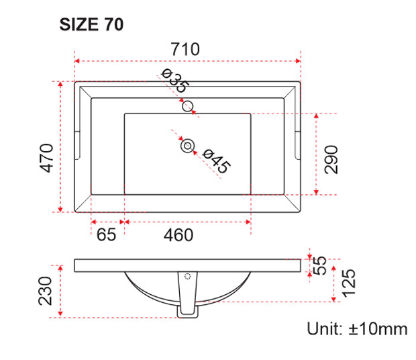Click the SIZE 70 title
(91, 24)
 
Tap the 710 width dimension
(185, 49)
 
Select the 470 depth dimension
(46, 158)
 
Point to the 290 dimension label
(331, 160)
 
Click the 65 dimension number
(106, 234)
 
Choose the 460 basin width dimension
(178, 235)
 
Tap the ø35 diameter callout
(175, 81)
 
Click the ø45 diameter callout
(216, 161)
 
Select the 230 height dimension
(45, 291)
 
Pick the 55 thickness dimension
(319, 265)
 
